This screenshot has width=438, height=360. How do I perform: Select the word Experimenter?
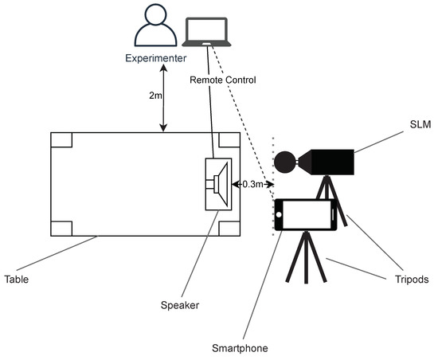click(x=157, y=60)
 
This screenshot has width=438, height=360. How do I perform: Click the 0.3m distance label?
click(x=252, y=185)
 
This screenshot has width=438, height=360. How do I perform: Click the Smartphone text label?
click(x=240, y=347)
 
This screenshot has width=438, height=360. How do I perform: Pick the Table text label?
click(x=18, y=280)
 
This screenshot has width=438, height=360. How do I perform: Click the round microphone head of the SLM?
click(x=284, y=162)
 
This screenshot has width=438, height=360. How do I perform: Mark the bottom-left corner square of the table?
click(x=61, y=226)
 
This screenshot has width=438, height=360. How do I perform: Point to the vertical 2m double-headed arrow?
click(x=164, y=100)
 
